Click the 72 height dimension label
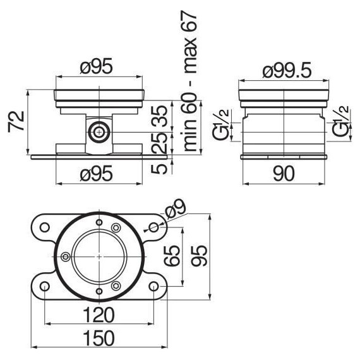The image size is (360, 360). point(16,122)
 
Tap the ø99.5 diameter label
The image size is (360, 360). point(287,70)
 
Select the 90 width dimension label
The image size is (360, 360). point(284,174)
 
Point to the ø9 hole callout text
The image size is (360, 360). point(176,209)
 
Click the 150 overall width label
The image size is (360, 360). point(99,338)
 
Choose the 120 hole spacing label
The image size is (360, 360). point(99,315)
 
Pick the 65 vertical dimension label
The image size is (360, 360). point(171,256)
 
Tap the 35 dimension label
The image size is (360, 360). point(159,116)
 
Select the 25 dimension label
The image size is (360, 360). point(159,143)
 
